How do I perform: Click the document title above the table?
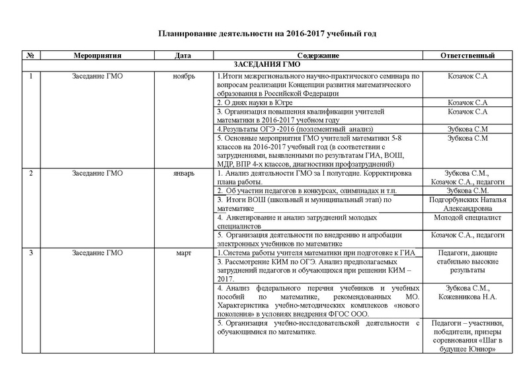coord(266,32)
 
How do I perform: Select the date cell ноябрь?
coord(183,77)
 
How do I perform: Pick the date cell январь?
coord(183,172)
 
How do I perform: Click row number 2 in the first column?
coord(31,172)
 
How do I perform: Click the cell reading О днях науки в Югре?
coord(255,103)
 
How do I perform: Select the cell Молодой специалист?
coord(468,217)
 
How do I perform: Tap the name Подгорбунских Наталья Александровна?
coord(468,203)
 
